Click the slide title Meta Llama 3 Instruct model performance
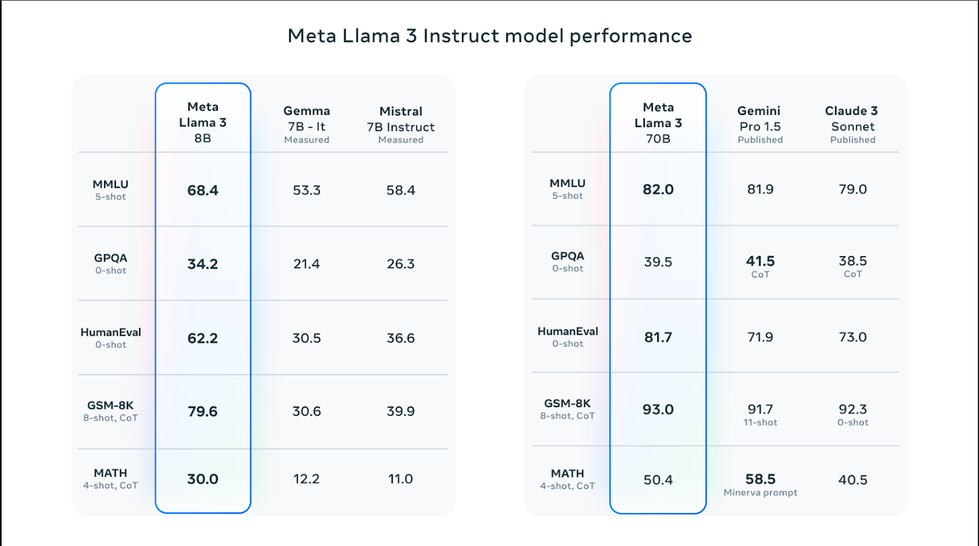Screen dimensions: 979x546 pos(489,36)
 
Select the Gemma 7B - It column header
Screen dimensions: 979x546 pos(307,125)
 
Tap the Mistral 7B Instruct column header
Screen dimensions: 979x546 pos(401,125)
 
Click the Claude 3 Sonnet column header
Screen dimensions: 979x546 pos(852,125)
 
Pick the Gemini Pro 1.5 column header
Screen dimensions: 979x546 pos(760,125)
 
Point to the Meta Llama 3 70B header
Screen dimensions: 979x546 pos(658,123)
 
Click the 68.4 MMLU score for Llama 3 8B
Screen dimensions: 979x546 pos(203,190)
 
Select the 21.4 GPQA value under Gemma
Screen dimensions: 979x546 pos(307,264)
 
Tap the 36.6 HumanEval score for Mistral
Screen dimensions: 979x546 pos(401,338)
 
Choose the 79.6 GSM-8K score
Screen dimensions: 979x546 pos(203,411)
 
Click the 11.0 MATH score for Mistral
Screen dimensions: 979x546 pos(401,479)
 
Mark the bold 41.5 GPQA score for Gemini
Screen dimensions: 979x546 pos(760,261)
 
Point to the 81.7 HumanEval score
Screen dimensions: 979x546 pos(658,338)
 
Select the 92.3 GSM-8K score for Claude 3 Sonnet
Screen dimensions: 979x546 pos(853,409)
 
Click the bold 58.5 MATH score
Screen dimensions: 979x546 pos(760,479)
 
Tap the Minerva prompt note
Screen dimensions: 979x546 pos(760,493)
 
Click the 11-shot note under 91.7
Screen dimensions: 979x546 pos(760,422)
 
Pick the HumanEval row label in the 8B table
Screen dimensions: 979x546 pos(111,338)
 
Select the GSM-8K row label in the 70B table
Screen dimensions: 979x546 pos(567,409)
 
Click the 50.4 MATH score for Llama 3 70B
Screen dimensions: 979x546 pos(658,480)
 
